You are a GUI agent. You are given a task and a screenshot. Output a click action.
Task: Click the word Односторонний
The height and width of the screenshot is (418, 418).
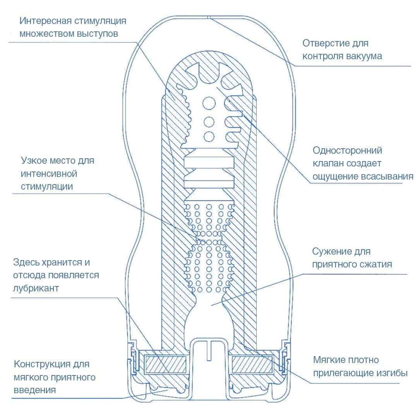pos(347,150)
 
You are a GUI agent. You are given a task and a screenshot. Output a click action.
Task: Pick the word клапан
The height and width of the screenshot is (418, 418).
pos(329,163)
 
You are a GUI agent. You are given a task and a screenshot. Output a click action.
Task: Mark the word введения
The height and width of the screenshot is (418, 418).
pos(35,390)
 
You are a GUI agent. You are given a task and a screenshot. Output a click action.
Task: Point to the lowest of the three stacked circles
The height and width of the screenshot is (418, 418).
pos(209,136)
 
